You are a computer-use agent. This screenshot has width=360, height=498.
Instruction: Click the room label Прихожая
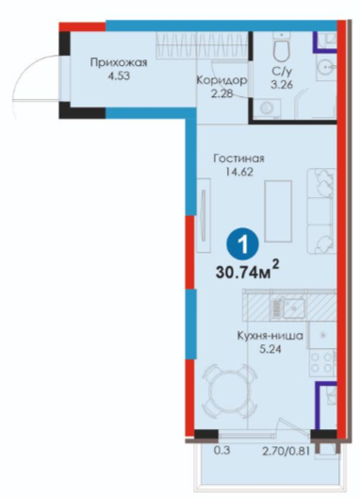coord(119,62)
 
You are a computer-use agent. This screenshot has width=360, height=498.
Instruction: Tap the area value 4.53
coord(119,76)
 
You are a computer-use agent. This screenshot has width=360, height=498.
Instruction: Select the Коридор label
coord(221,80)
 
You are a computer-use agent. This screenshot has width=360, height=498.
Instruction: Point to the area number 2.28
coord(221,93)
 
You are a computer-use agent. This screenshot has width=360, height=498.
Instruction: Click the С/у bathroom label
coord(282,72)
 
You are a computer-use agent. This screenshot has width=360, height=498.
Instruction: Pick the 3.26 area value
coord(282,85)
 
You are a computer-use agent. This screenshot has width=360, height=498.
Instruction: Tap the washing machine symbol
coord(270,108)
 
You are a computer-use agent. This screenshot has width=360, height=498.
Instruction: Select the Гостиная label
coord(238,158)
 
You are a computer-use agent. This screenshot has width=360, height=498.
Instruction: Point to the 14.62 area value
coord(239,172)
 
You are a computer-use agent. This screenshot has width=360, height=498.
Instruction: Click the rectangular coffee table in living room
coord(278,211)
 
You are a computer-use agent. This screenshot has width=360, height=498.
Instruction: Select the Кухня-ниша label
coord(270,336)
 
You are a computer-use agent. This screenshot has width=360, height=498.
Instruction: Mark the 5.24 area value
coord(270,349)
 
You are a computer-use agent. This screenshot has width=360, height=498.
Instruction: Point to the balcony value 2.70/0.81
coord(285,451)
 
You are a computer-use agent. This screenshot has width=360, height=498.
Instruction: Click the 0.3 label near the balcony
coord(221,451)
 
